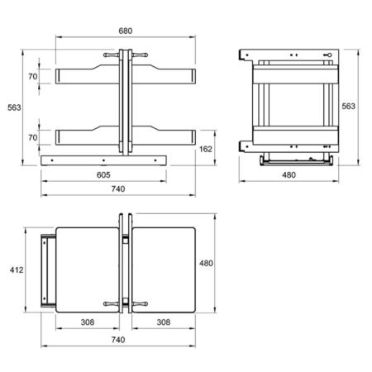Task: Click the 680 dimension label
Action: click(x=126, y=31)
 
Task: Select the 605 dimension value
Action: click(x=103, y=175)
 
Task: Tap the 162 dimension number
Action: click(x=206, y=149)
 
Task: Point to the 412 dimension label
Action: click(x=17, y=270)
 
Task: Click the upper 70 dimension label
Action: click(x=33, y=76)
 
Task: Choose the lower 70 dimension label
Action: click(x=33, y=137)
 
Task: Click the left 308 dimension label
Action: click(x=88, y=322)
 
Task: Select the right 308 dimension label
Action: click(x=164, y=322)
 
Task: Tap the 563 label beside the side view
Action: click(x=349, y=106)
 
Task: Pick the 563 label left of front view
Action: click(x=14, y=107)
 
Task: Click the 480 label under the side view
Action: click(x=289, y=175)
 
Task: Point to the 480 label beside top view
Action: click(x=206, y=263)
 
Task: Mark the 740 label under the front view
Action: click(x=118, y=189)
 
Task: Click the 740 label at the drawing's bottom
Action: click(x=118, y=340)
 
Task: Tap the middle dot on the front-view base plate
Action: click(x=103, y=160)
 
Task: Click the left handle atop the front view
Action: click(x=112, y=55)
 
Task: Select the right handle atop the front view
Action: click(x=140, y=55)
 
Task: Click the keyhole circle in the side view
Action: click(x=330, y=55)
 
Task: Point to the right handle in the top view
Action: click(x=140, y=304)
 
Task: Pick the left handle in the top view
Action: click(x=112, y=304)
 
